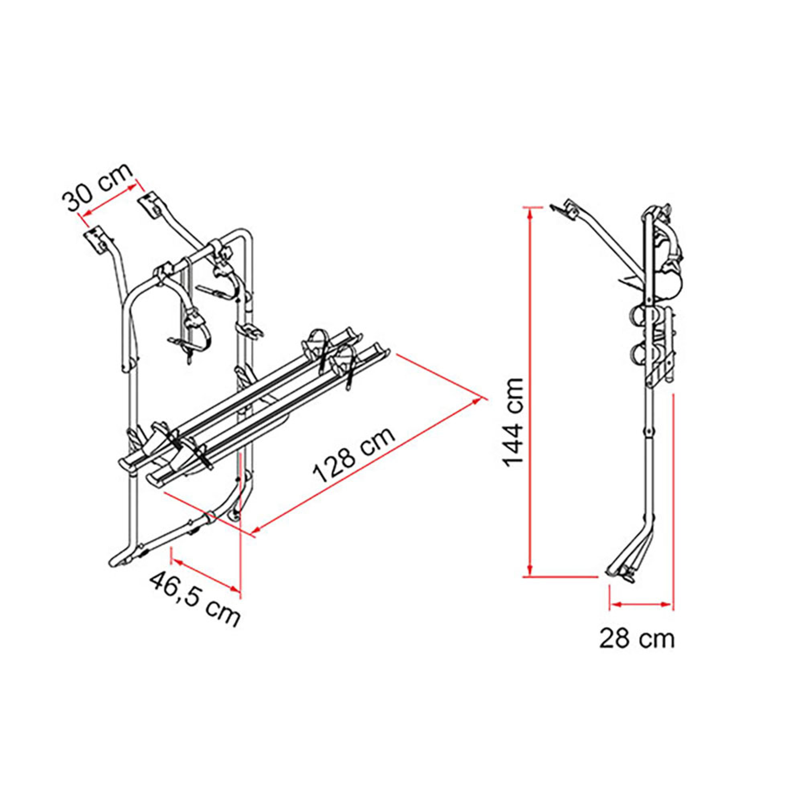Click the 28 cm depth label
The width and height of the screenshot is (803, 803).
pos(637,638)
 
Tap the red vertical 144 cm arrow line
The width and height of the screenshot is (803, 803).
pos(530,391)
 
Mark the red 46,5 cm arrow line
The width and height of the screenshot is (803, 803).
pos(206,575)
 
